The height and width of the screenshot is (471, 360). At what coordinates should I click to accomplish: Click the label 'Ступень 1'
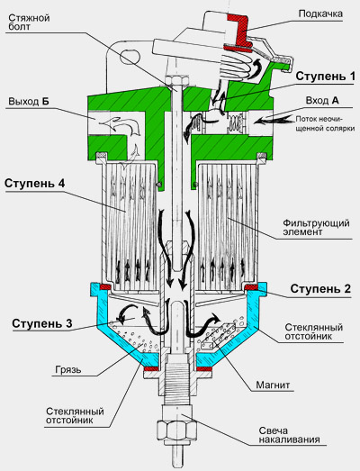click(325, 77)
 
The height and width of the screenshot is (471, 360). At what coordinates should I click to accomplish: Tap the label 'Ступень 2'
click(320, 289)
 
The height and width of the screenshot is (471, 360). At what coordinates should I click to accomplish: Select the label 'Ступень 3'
click(42, 323)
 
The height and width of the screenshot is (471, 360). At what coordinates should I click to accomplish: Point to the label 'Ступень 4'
click(34, 183)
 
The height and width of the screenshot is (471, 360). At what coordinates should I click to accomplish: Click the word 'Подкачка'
click(320, 14)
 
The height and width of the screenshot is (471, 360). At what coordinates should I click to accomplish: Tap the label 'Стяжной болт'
click(29, 23)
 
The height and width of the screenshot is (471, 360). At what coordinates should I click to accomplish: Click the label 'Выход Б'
click(29, 101)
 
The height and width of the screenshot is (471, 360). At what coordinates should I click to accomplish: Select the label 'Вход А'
click(322, 100)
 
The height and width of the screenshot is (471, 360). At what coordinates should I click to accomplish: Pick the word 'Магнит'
click(273, 385)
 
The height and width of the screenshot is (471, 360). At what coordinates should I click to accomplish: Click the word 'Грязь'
click(68, 369)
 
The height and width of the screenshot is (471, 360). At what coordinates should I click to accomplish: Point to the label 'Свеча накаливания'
click(289, 435)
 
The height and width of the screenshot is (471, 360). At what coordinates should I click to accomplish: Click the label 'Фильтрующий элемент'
click(316, 227)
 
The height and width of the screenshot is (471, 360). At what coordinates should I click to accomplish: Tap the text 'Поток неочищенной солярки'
click(325, 123)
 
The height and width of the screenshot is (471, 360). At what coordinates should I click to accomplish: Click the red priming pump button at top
click(238, 32)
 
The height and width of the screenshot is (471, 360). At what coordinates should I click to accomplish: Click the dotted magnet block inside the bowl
click(219, 337)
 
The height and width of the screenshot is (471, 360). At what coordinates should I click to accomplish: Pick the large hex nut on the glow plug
click(176, 431)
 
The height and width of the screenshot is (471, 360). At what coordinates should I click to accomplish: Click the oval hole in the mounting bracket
click(130, 56)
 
